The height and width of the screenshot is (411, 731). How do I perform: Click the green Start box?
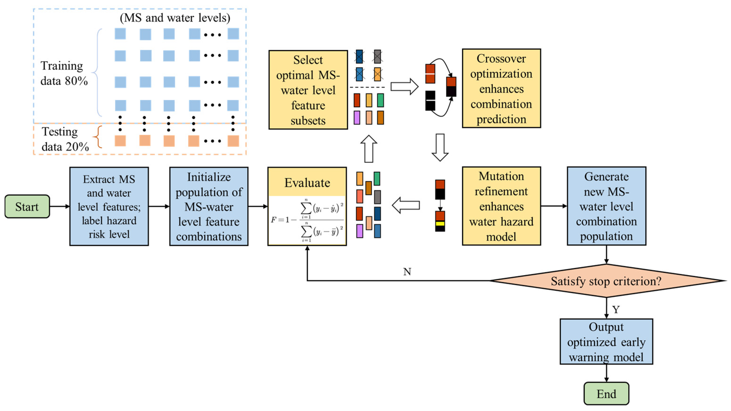pyautogui.click(x=27, y=206)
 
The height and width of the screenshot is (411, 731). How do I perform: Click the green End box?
pyautogui.click(x=606, y=394)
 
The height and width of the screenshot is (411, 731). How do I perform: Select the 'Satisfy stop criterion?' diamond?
pyautogui.click(x=606, y=281)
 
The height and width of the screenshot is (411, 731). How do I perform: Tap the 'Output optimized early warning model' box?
pyautogui.click(x=606, y=342)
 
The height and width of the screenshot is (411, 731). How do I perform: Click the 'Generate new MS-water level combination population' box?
pyautogui.click(x=606, y=206)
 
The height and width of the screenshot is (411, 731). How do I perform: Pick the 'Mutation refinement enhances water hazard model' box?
pyautogui.click(x=501, y=206)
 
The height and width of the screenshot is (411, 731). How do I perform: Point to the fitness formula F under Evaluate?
pyautogui.click(x=307, y=220)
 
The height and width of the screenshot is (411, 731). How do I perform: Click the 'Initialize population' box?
pyautogui.click(x=209, y=206)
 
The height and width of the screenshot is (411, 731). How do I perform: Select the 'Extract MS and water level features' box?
pyautogui.click(x=109, y=206)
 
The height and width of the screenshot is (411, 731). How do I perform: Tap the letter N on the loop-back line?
pyautogui.click(x=407, y=272)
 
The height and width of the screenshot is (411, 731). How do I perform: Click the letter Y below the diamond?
pyautogui.click(x=616, y=310)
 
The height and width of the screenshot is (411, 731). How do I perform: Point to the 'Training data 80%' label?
pyautogui.click(x=64, y=73)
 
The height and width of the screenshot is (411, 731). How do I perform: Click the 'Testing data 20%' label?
pyautogui.click(x=65, y=139)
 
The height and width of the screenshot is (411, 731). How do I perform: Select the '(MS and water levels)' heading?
pyautogui.click(x=175, y=18)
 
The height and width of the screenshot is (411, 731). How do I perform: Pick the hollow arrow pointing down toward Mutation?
pyautogui.click(x=440, y=147)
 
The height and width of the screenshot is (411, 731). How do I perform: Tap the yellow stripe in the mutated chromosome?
pyautogui.click(x=440, y=223)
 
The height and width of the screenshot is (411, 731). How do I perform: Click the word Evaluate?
pyautogui.click(x=307, y=183)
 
